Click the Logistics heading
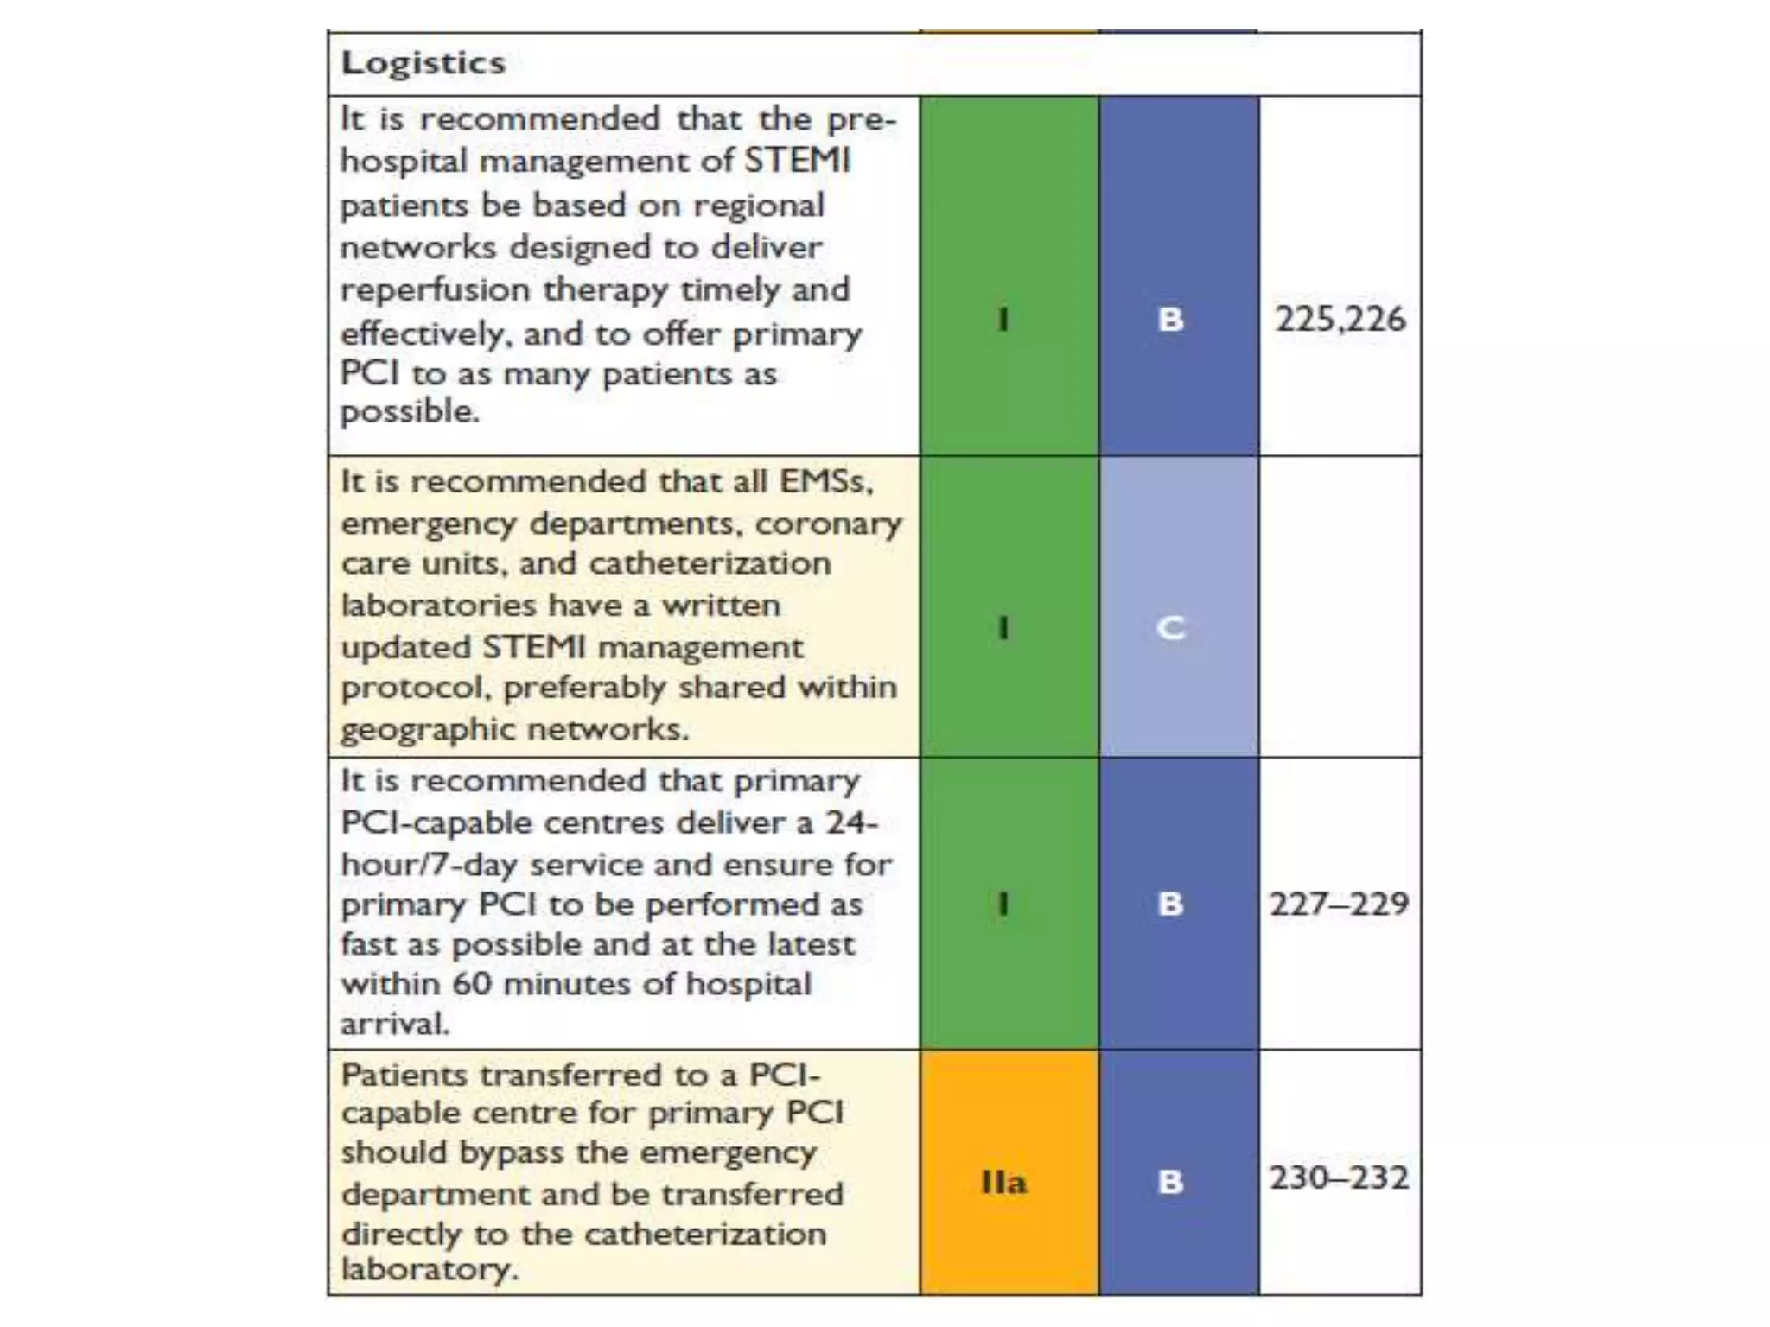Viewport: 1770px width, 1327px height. (423, 63)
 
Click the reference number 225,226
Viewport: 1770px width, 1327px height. (1340, 319)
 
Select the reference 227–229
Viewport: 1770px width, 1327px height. (1339, 904)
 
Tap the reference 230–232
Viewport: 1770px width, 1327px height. (1339, 1178)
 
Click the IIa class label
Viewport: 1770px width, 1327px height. (1003, 1181)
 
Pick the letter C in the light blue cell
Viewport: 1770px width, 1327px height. (1171, 627)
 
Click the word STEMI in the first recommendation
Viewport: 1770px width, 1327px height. (797, 161)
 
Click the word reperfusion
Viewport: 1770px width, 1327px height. (435, 290)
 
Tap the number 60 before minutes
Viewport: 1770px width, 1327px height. (472, 984)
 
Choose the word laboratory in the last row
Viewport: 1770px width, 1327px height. (430, 1269)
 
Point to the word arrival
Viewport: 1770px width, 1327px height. (395, 1024)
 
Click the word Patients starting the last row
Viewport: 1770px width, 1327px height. (404, 1075)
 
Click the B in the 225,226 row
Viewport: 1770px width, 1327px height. (1171, 319)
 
